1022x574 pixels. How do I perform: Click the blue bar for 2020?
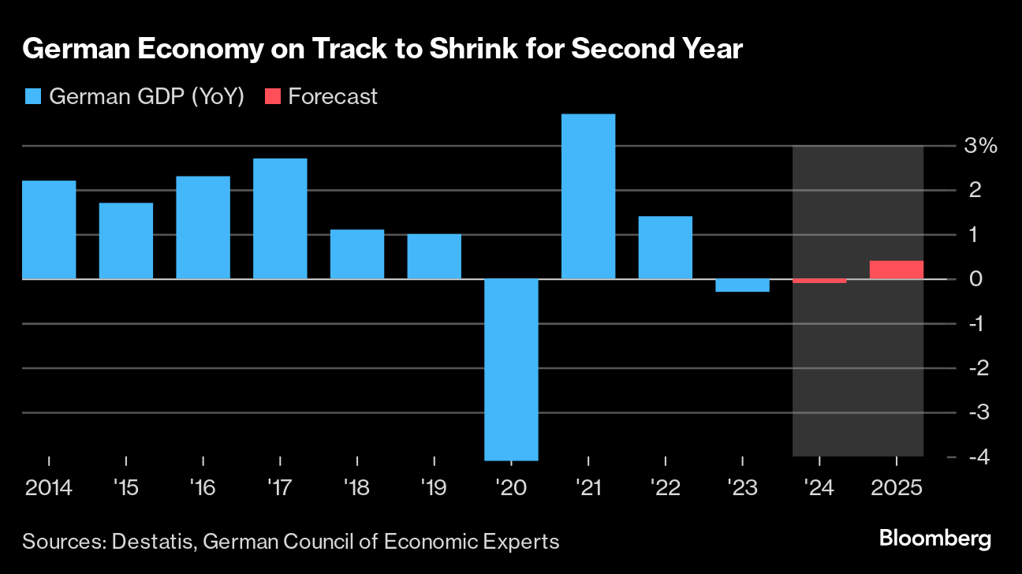511,369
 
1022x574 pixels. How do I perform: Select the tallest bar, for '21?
588,196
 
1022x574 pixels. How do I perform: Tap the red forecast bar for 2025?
897,270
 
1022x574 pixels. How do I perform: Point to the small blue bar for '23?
742,285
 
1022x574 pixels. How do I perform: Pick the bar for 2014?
49,229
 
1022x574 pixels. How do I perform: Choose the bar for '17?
280,218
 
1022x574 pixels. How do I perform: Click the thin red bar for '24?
819,281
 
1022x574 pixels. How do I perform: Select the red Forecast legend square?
272,96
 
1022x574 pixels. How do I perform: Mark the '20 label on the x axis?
511,488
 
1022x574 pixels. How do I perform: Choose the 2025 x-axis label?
897,488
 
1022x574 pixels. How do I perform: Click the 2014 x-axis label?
49,488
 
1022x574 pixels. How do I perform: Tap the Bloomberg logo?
935,539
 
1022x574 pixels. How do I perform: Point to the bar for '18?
357,254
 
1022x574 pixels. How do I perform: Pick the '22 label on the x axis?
666,488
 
